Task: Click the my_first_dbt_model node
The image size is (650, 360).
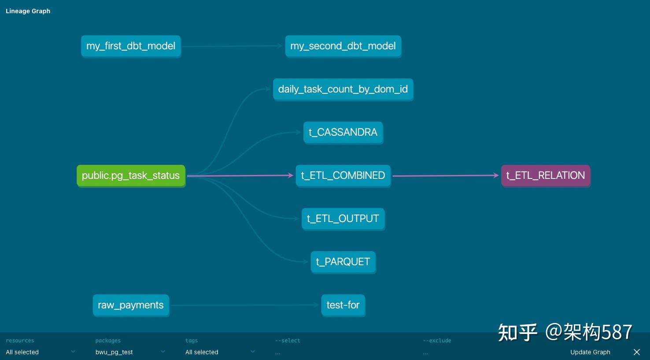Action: [131, 46]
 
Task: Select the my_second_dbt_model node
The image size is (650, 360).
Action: [343, 46]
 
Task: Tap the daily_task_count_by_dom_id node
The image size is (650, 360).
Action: [343, 89]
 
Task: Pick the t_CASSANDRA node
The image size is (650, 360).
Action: [343, 132]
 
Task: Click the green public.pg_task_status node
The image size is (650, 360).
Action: [131, 176]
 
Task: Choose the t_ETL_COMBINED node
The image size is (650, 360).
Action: [343, 176]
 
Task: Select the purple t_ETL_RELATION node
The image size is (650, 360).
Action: [546, 176]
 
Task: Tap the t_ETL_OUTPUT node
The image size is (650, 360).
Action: [343, 219]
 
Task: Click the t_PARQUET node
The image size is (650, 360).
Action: [343, 262]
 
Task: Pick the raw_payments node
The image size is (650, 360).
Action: [131, 305]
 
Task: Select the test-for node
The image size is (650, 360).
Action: [343, 305]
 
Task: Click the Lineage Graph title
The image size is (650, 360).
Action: [28, 11]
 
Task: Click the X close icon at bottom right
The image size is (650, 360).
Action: [637, 352]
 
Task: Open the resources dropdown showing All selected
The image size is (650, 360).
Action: [41, 352]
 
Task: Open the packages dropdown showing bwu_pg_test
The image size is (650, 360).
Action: [130, 352]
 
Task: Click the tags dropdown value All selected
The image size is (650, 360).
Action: [202, 352]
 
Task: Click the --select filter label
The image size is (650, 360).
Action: [288, 340]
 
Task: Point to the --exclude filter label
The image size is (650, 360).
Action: [437, 340]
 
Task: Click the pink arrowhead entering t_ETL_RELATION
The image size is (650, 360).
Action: [496, 175]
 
